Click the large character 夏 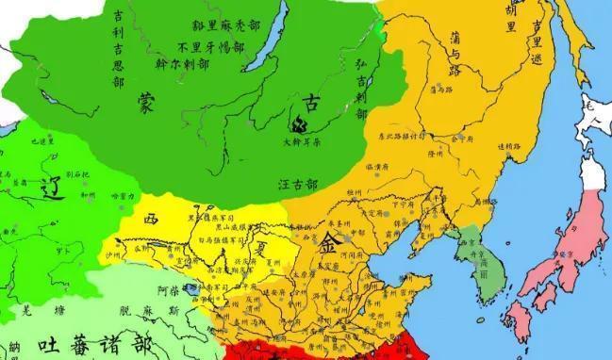coord(252,253)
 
